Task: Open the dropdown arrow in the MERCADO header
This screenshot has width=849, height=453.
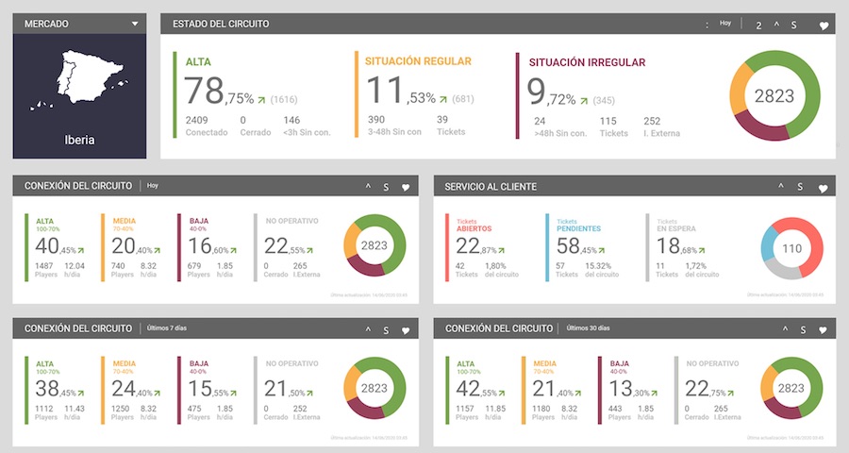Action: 136,24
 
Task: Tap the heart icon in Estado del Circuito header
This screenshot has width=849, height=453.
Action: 823,25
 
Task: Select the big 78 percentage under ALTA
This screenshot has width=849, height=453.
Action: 204,92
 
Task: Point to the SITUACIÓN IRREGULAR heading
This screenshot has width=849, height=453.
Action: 587,62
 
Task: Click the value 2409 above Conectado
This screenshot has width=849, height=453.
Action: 196,120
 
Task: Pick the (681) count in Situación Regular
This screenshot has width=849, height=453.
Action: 463,99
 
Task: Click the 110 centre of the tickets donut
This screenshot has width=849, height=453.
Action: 791,248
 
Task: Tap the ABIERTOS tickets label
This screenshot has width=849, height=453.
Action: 474,227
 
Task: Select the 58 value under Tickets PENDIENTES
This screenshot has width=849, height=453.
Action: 569,246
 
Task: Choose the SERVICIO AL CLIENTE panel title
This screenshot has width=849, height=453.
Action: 491,187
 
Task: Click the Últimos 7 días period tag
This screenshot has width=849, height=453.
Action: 168,328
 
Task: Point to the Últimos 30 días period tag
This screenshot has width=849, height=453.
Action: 589,328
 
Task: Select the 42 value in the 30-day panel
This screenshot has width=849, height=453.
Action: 469,389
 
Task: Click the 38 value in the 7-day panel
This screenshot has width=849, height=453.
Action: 48,389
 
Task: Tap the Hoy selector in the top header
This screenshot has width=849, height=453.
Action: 725,24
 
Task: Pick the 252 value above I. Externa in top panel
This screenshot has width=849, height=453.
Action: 652,120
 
